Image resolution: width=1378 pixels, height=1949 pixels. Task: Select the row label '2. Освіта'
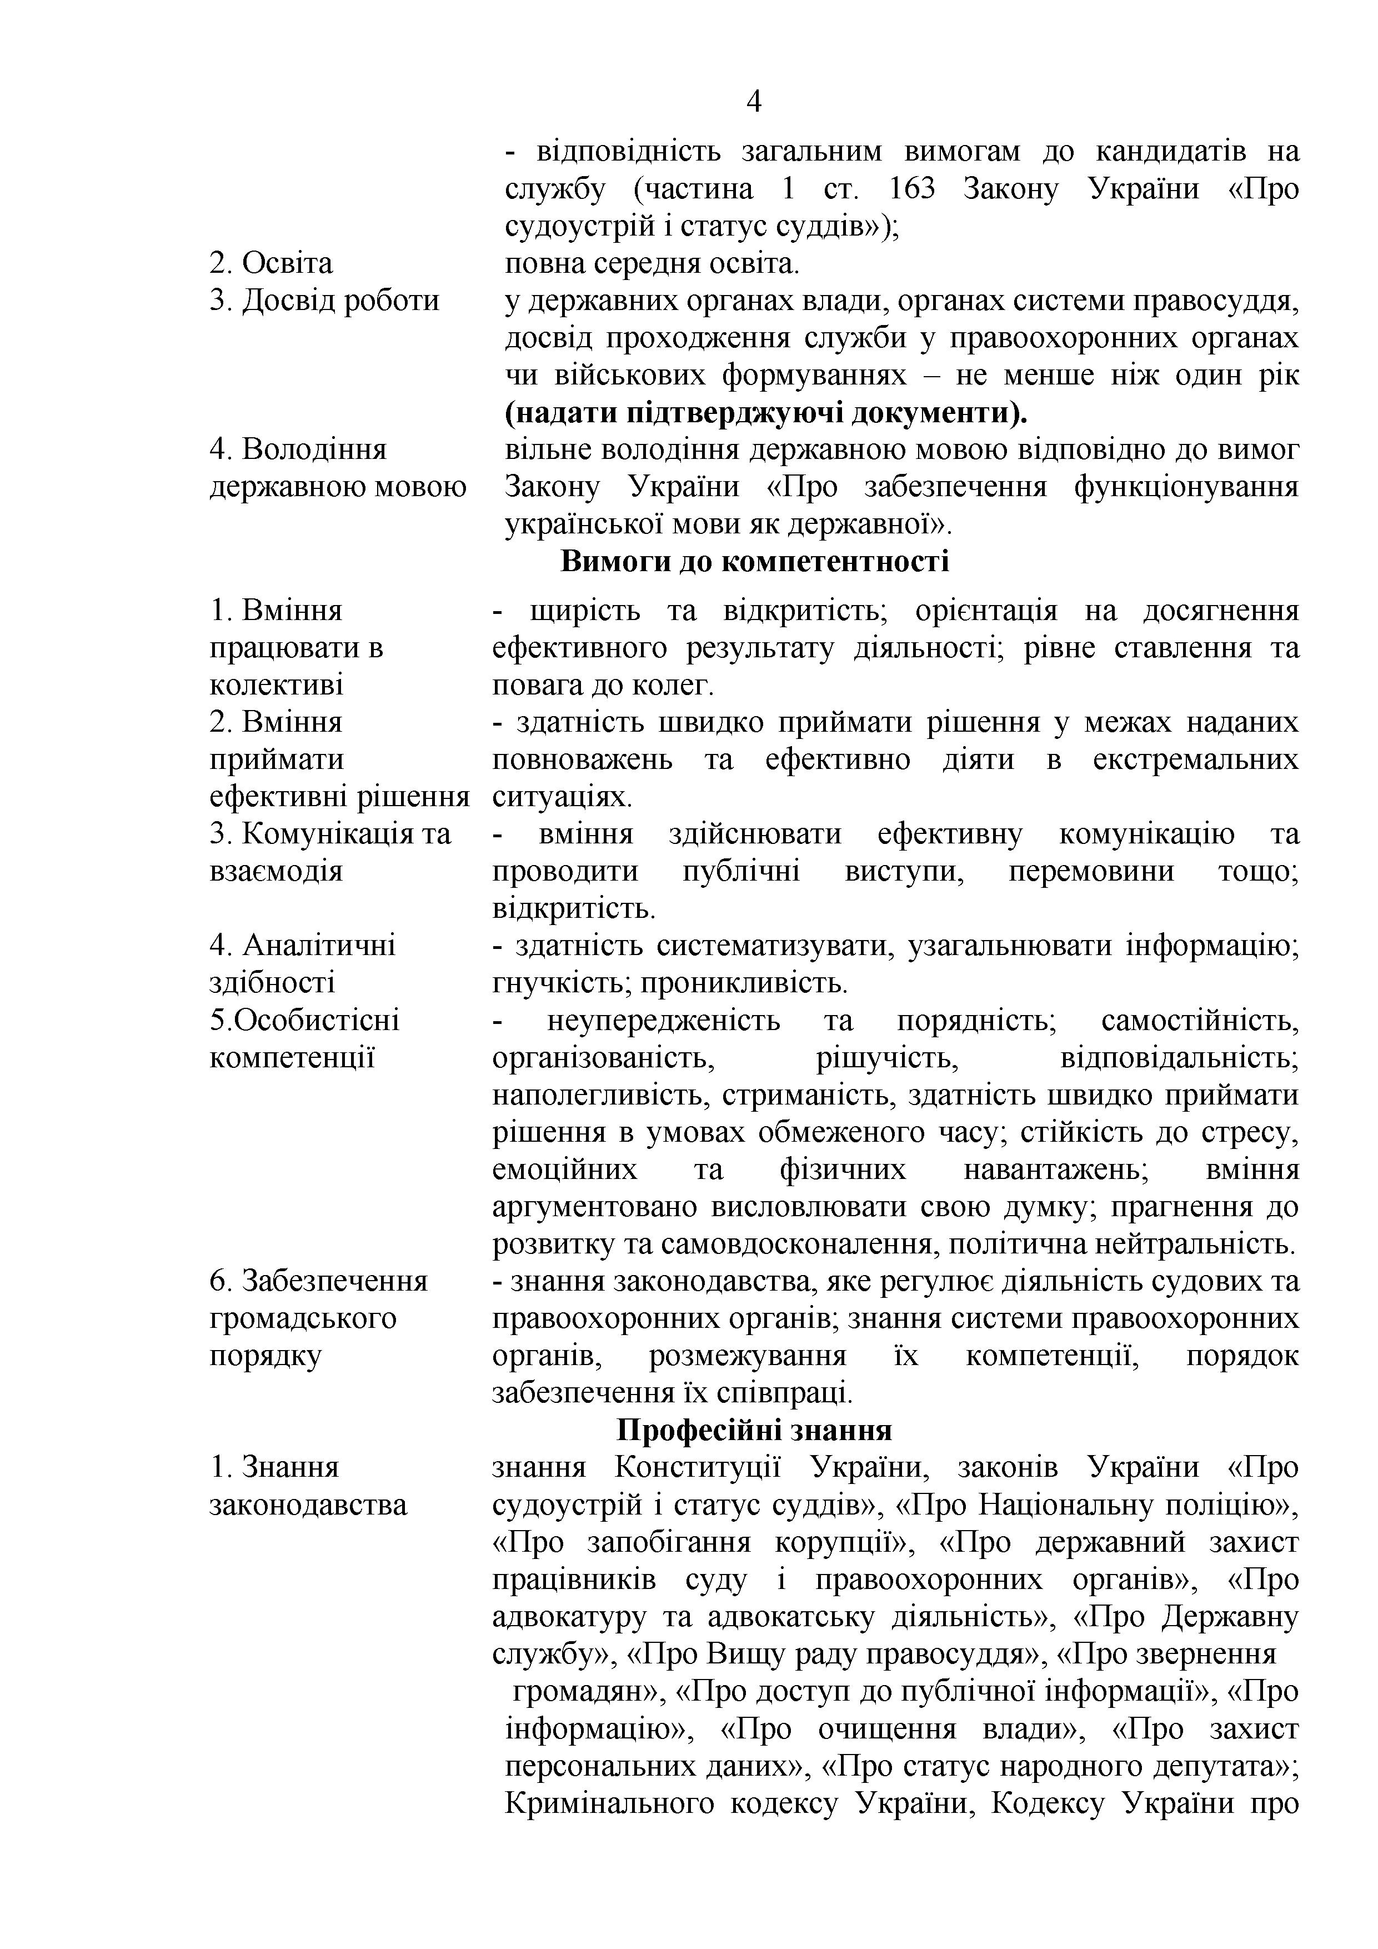click(270, 263)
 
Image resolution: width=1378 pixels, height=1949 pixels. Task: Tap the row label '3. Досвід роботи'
click(324, 301)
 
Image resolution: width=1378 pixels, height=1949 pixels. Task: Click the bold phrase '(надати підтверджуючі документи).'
click(765, 413)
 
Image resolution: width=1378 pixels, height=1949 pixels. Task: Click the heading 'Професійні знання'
click(754, 1430)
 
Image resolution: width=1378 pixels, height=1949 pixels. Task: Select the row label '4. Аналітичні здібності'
click(302, 963)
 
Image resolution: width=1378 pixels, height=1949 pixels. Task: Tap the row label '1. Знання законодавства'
click(307, 1486)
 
